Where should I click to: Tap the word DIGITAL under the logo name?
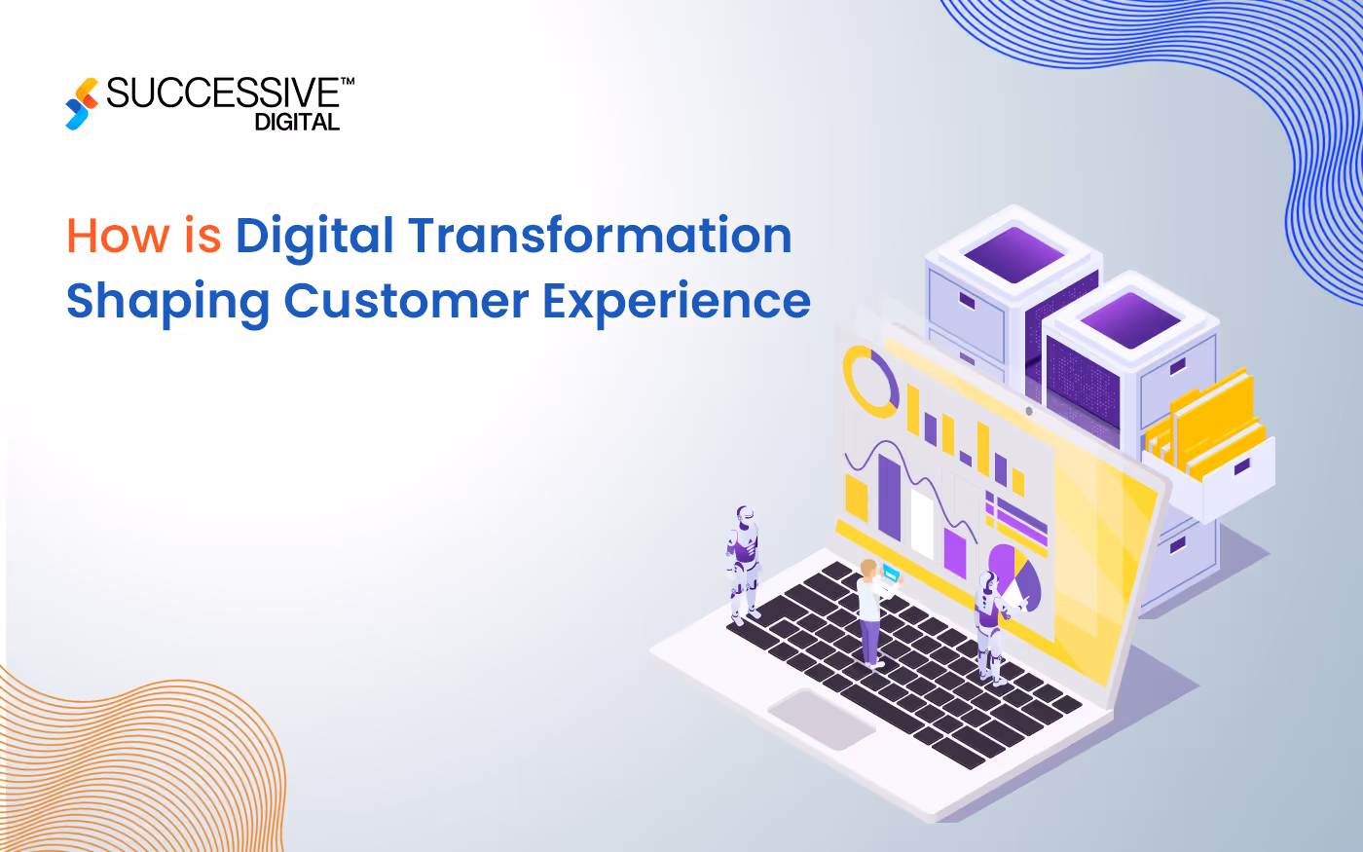297,123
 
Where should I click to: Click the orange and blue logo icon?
83,103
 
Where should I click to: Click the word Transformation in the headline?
600,237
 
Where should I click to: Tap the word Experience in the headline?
677,301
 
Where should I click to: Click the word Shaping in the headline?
167,303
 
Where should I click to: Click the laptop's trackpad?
822,719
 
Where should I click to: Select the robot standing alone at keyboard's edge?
744,565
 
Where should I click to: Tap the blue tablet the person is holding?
890,574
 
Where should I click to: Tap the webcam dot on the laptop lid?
1029,411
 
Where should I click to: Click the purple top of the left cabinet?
1013,252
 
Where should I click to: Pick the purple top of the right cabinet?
1129,318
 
